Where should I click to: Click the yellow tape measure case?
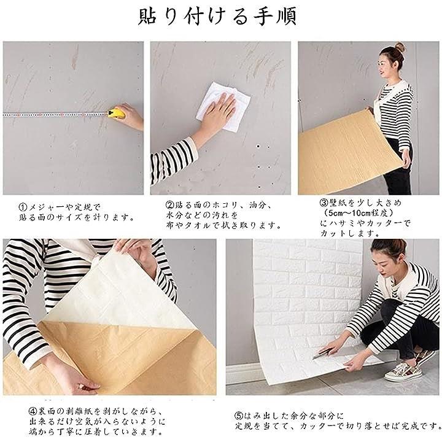coord(117,114)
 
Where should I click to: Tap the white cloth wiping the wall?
coord(224,107)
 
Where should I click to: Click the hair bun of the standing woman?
coord(400,47)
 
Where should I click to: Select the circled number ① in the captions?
coord(23,207)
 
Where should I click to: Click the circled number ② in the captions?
coord(170,204)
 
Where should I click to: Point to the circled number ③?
coord(324,203)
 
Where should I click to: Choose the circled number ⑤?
coord(239,416)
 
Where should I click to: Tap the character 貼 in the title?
coord(148,16)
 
